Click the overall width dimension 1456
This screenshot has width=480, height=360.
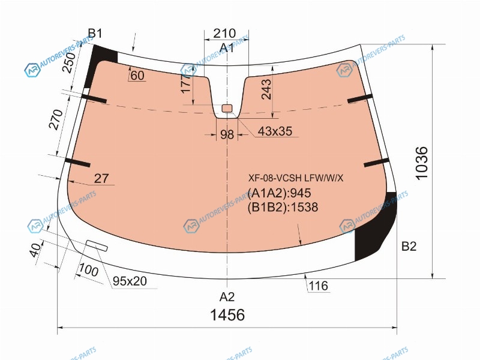pyautogui.click(x=227, y=314)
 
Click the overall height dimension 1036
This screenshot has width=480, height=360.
pyautogui.click(x=422, y=163)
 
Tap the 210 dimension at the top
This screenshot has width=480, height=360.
pyautogui.click(x=224, y=33)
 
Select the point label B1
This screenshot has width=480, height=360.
pyautogui.click(x=95, y=33)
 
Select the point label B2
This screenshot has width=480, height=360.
pyautogui.click(x=409, y=246)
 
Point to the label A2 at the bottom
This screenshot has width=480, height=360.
pyautogui.click(x=227, y=296)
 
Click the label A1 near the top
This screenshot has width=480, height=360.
pyautogui.click(x=227, y=48)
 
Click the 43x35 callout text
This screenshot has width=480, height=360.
pyautogui.click(x=275, y=131)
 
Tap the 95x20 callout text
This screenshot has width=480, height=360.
pyautogui.click(x=130, y=281)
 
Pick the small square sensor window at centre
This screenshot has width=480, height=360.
pyautogui.click(x=227, y=108)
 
